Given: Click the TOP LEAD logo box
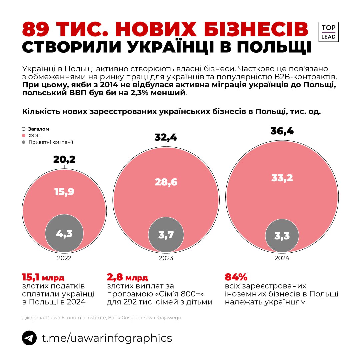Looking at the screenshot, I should (328, 32).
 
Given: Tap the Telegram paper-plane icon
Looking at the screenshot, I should (29, 338).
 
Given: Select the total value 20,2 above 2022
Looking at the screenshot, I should (64, 159).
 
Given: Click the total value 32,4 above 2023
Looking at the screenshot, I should (166, 137).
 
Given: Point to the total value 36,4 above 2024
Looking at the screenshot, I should (282, 131).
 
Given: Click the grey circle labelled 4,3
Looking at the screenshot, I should (64, 233).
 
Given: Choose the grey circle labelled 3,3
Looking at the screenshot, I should (282, 236).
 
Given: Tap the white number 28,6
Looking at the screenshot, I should (166, 182).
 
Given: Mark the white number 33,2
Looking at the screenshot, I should (282, 178).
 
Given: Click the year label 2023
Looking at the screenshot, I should (166, 258).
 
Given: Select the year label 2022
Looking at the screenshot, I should (64, 258).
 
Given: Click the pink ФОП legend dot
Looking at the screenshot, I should (24, 136).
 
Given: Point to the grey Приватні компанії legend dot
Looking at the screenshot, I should (24, 142).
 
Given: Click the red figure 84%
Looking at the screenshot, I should (236, 277).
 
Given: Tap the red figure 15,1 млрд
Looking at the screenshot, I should (43, 277).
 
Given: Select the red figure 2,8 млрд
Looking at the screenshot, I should (127, 277).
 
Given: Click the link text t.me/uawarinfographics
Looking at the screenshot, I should (107, 338).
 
